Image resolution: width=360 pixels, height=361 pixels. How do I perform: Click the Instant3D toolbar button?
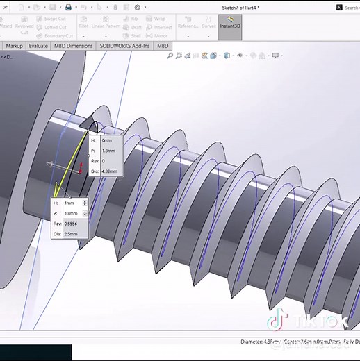coord(230,26)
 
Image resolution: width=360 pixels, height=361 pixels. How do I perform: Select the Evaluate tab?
coord(38,46)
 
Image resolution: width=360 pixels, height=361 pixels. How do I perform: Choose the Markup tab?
coord(14,46)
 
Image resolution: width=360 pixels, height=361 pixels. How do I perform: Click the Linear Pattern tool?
coord(106,26)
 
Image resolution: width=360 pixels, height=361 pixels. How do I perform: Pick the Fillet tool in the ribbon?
coord(83,26)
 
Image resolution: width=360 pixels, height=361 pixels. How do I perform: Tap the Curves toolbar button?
coord(208,26)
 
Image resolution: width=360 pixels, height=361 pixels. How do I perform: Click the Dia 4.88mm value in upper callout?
coord(110,171)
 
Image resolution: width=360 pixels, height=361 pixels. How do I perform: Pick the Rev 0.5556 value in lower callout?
coord(72,224)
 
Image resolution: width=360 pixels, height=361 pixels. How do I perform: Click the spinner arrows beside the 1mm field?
coord(85,203)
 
